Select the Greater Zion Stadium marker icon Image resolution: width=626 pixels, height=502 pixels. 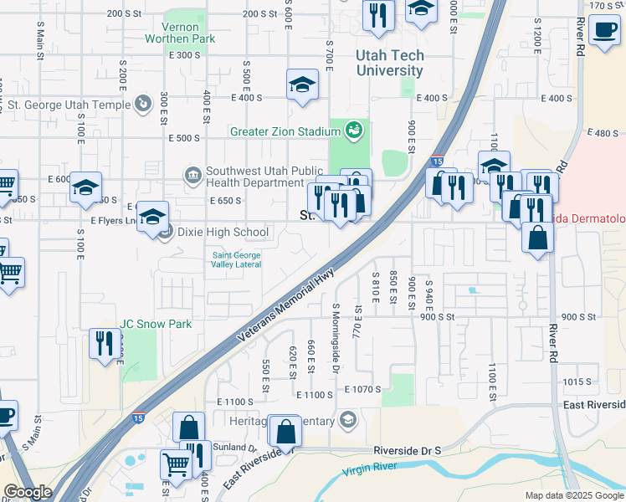tap(354, 130)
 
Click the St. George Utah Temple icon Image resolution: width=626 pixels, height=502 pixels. tap(145, 105)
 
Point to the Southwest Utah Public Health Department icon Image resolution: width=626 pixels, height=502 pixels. tap(192, 175)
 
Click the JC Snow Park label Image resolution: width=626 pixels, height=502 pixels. tap(156, 324)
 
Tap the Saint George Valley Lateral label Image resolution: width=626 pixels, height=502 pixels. tap(236, 259)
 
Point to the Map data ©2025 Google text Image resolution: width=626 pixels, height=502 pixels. tap(573, 495)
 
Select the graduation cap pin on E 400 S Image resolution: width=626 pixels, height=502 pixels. tap(302, 85)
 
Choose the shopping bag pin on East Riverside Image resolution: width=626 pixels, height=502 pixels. tap(285, 432)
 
